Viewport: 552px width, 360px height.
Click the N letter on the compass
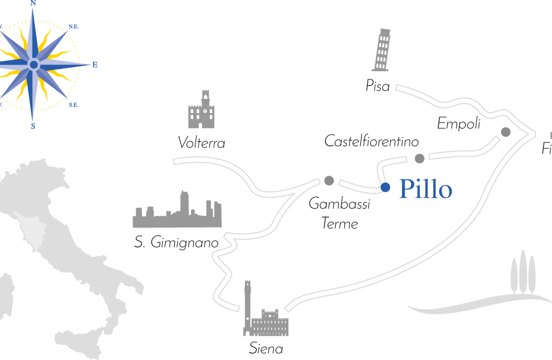(33, 3)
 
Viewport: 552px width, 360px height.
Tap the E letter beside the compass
(95, 65)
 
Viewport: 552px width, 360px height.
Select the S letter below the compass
(33, 126)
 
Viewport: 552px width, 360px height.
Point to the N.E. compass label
(73, 26)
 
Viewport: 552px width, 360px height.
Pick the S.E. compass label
(73, 104)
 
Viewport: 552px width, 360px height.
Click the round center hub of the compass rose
(33, 65)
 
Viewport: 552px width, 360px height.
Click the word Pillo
(425, 189)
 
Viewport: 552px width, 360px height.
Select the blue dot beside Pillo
(385, 187)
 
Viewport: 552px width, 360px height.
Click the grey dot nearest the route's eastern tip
(506, 132)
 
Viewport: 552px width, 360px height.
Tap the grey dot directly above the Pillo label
(420, 158)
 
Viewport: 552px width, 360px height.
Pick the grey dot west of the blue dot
(329, 181)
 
